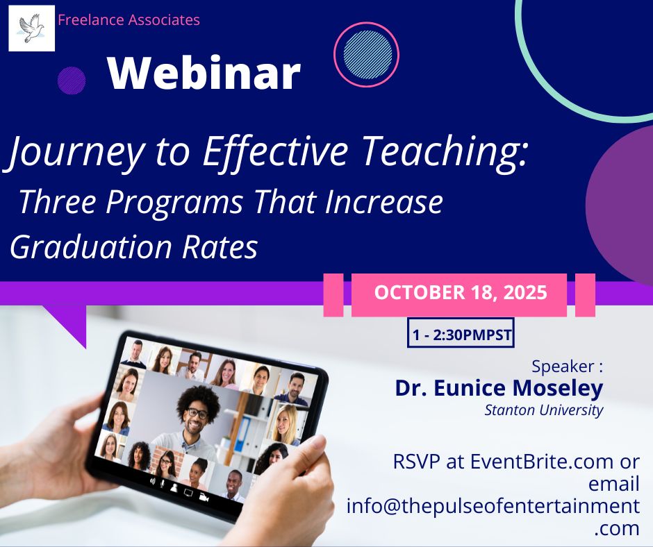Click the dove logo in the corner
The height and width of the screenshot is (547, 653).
point(31,28)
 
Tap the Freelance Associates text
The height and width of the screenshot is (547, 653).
point(129,20)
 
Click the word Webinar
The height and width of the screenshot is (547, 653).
point(204,73)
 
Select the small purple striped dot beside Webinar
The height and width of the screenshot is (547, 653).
point(72,81)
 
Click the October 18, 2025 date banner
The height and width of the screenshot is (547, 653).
point(460,292)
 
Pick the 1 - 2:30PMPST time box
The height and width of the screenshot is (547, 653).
point(461,336)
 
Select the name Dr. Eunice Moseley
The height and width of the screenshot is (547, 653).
point(499,388)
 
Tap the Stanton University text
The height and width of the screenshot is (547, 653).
point(544,410)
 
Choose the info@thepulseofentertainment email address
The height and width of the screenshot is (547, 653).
point(493,505)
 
